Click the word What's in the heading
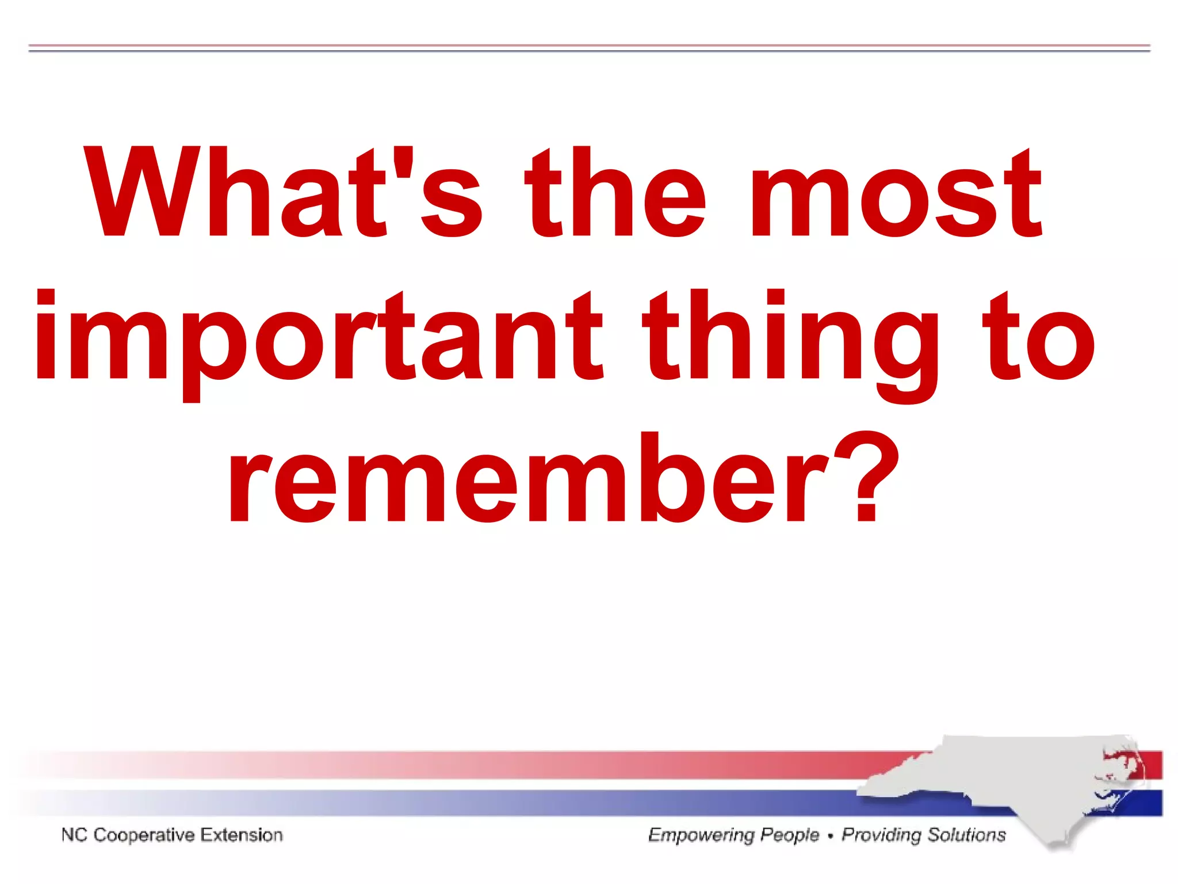tap(282, 193)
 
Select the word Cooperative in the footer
tap(144, 835)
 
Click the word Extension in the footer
tap(242, 835)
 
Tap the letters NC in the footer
tap(74, 835)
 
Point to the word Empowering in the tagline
tap(701, 835)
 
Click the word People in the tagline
tap(789, 835)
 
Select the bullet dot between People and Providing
tap(830, 836)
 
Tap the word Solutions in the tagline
tap(966, 835)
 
